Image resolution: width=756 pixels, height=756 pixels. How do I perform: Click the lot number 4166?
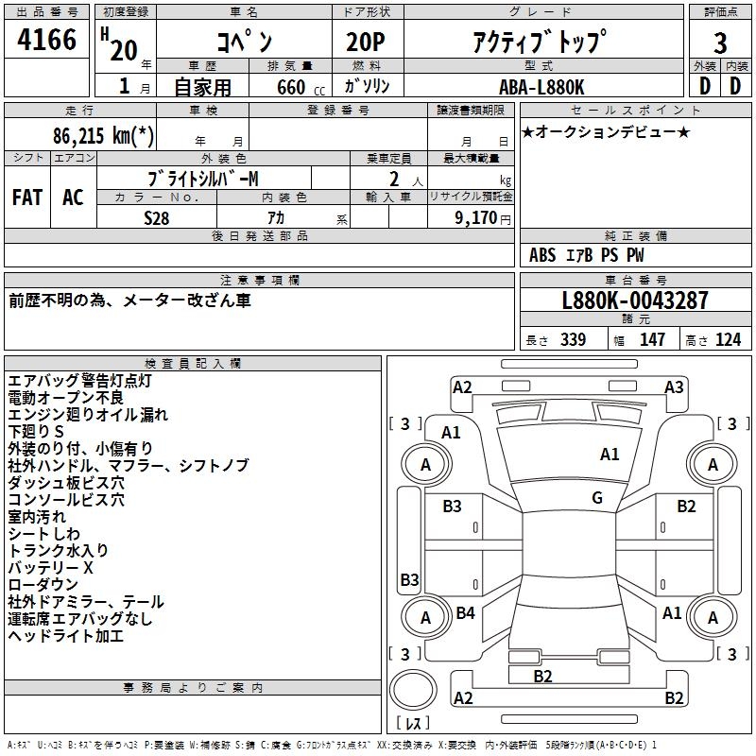47,42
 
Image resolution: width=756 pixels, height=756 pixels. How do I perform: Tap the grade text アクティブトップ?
539,42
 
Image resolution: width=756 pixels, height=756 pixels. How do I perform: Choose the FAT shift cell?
26,198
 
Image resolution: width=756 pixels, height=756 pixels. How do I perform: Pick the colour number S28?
157,217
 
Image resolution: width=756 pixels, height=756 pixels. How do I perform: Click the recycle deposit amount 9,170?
477,217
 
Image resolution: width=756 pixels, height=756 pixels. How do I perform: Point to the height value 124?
728,340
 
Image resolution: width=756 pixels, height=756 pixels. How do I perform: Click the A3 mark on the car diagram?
674,387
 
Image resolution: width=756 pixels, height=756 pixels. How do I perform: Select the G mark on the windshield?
597,498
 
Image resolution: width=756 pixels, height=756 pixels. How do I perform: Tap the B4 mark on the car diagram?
466,613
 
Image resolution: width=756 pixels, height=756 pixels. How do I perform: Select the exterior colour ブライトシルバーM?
204,179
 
